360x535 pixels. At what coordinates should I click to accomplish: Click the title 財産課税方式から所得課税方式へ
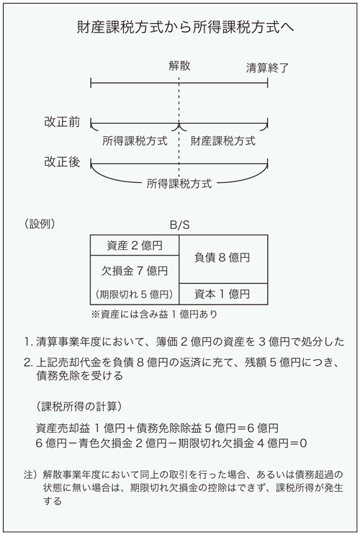pos(185,27)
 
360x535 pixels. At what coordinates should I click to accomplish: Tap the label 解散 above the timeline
pos(179,66)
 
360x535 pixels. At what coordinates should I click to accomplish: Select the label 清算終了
pos(267,68)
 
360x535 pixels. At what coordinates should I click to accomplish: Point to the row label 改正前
pos(62,122)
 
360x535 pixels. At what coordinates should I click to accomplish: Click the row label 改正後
pos(62,162)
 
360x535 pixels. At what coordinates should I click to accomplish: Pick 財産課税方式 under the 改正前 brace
pos(222,140)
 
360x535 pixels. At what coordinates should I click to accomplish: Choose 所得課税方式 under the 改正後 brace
pos(179,184)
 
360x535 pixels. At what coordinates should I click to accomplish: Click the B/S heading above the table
pos(179,225)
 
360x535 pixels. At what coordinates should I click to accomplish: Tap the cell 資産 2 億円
pos(135,246)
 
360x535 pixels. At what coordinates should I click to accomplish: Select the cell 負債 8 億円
pos(222,257)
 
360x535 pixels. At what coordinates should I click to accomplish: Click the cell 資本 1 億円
pos(222,294)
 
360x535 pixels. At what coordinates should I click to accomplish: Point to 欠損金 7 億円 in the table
pos(135,271)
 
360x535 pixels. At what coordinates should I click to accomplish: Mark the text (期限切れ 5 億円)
pos(135,294)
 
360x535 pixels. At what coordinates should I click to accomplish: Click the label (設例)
pos(40,224)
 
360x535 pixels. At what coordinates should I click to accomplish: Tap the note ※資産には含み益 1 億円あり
pos(154,314)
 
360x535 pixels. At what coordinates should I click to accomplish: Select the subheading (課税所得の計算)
pos(78,406)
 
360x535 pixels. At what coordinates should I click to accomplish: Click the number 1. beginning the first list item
pos(29,341)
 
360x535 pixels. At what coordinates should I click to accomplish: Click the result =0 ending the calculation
pos(298,444)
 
